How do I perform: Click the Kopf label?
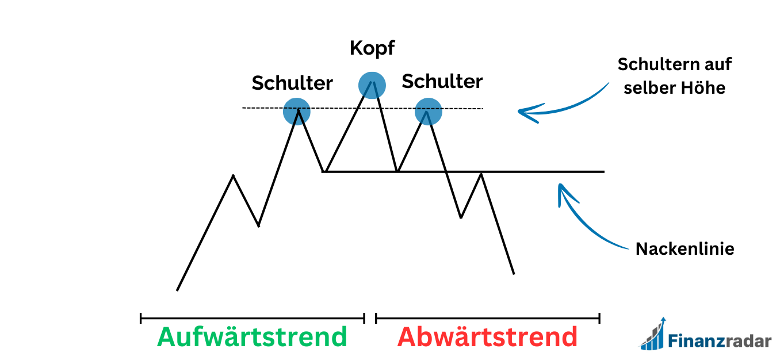(x=372, y=48)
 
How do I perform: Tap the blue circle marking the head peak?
(x=372, y=85)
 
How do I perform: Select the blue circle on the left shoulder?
(x=297, y=111)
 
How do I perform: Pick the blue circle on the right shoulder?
(x=429, y=112)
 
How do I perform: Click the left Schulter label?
(x=292, y=83)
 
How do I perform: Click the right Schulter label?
(x=442, y=82)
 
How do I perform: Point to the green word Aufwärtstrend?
(x=252, y=337)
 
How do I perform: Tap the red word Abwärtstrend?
(x=487, y=337)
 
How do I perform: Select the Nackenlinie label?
(x=685, y=249)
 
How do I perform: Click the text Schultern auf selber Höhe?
(x=674, y=76)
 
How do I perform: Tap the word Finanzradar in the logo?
(x=719, y=340)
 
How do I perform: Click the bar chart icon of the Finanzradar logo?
(x=654, y=335)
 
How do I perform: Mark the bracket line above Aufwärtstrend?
(x=252, y=317)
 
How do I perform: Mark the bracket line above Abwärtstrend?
(x=488, y=317)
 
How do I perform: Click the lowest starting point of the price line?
(x=177, y=290)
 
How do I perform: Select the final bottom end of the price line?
(x=513, y=273)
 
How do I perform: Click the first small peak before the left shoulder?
(x=233, y=175)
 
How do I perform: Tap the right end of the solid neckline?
(x=603, y=171)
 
